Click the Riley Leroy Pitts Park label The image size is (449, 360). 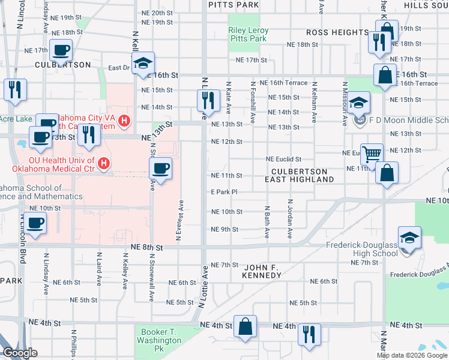[247, 34]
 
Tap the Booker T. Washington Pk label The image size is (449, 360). [161, 336]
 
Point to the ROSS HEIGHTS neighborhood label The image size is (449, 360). [337, 32]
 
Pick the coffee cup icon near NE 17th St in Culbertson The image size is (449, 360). [61, 50]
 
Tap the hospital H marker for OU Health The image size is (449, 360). [104, 163]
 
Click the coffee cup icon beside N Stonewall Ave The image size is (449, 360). [160, 168]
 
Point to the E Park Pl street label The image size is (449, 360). [224, 192]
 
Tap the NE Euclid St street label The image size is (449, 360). [284, 159]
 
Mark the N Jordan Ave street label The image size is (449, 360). [289, 220]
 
